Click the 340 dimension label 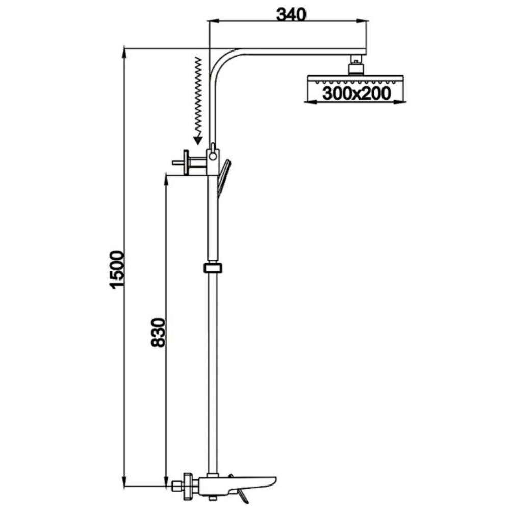pos(291,14)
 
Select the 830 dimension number pos(159,333)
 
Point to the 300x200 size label pos(356,94)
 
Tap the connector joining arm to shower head pos(356,65)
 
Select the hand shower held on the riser pos(223,177)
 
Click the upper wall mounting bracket pos(190,162)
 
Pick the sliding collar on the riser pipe pos(213,268)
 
